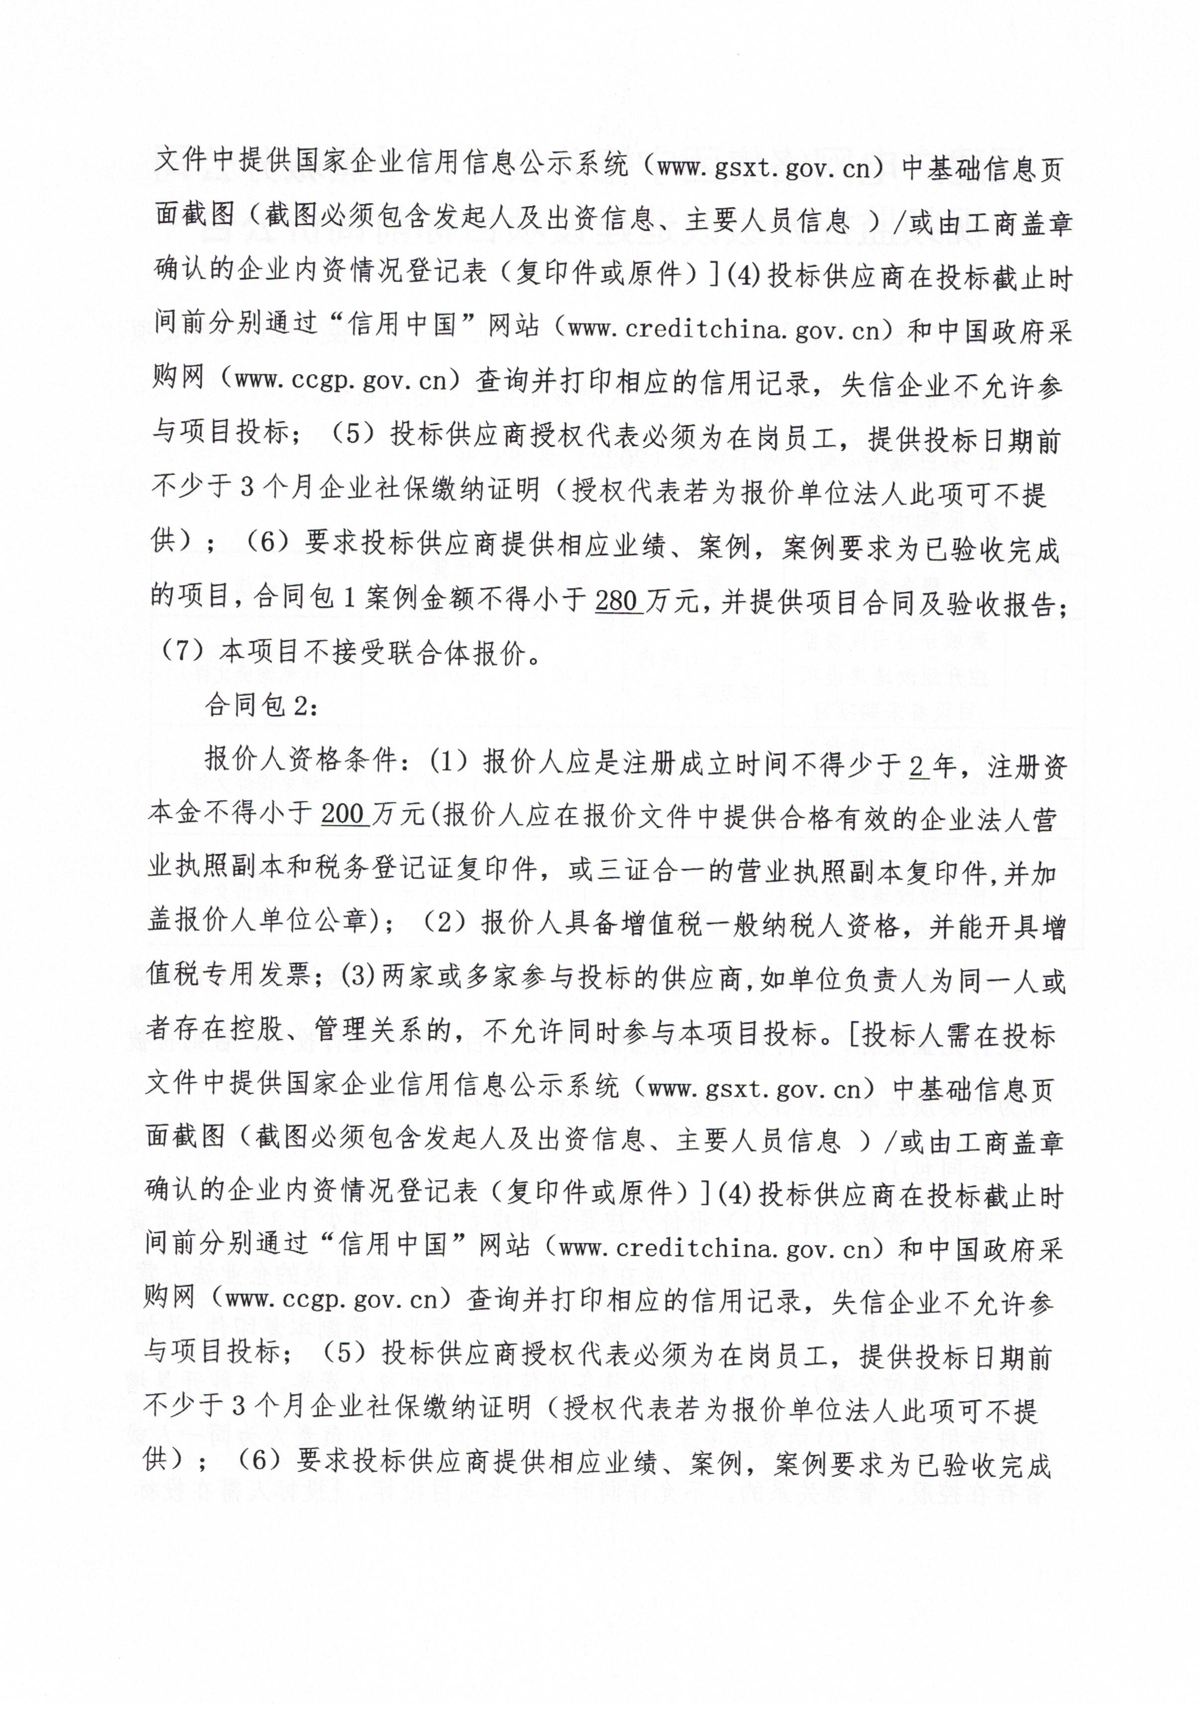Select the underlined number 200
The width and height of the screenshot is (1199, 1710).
[x=343, y=815]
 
